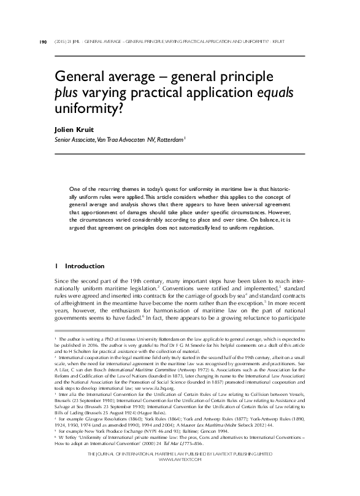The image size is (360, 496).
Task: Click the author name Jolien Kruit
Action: (x=74, y=131)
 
